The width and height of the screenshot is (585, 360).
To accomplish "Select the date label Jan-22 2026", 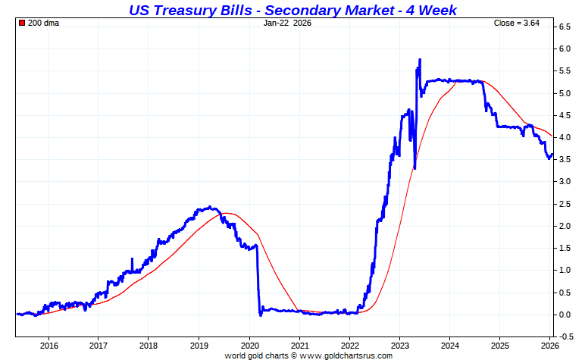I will (x=287, y=23).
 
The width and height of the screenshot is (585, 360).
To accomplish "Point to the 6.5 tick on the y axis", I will (x=565, y=27).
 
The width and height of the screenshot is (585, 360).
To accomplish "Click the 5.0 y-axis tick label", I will (x=565, y=93).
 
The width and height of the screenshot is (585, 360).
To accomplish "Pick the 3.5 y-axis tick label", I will (x=565, y=159).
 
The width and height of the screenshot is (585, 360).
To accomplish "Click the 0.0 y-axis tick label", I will (x=565, y=315).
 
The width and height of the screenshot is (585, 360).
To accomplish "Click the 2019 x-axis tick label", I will (x=199, y=346).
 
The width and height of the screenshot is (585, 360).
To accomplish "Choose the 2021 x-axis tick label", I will (x=299, y=346).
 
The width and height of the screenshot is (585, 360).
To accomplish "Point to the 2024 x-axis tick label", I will (x=449, y=346).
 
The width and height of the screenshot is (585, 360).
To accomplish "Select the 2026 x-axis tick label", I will (x=550, y=346).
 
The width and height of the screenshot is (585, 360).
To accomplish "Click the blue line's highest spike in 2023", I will (x=420, y=60).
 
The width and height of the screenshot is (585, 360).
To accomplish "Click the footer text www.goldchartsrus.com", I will (x=346, y=355).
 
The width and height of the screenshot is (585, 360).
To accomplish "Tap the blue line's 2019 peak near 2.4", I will (x=209, y=207).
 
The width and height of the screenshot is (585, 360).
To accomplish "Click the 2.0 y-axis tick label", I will (x=565, y=226).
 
